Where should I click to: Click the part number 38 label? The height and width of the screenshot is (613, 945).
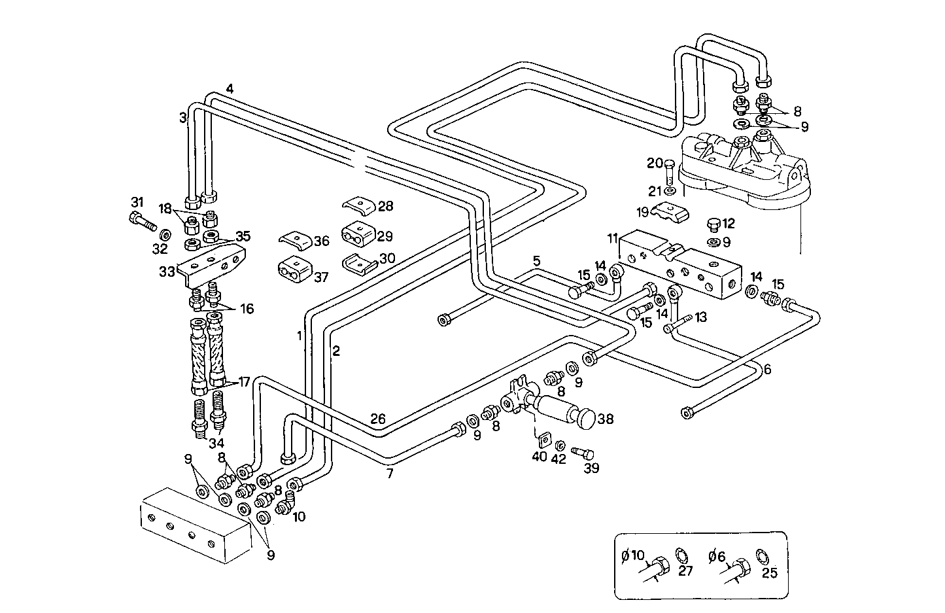[606, 419]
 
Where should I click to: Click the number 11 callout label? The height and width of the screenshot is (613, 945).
[612, 238]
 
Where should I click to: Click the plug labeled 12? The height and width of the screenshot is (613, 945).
[714, 226]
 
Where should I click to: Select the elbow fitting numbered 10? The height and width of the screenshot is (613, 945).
[284, 506]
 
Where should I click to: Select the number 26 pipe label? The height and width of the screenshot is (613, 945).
[378, 419]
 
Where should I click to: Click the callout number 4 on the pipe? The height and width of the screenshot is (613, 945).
[230, 88]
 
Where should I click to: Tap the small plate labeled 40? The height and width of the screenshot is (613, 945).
[542, 439]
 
